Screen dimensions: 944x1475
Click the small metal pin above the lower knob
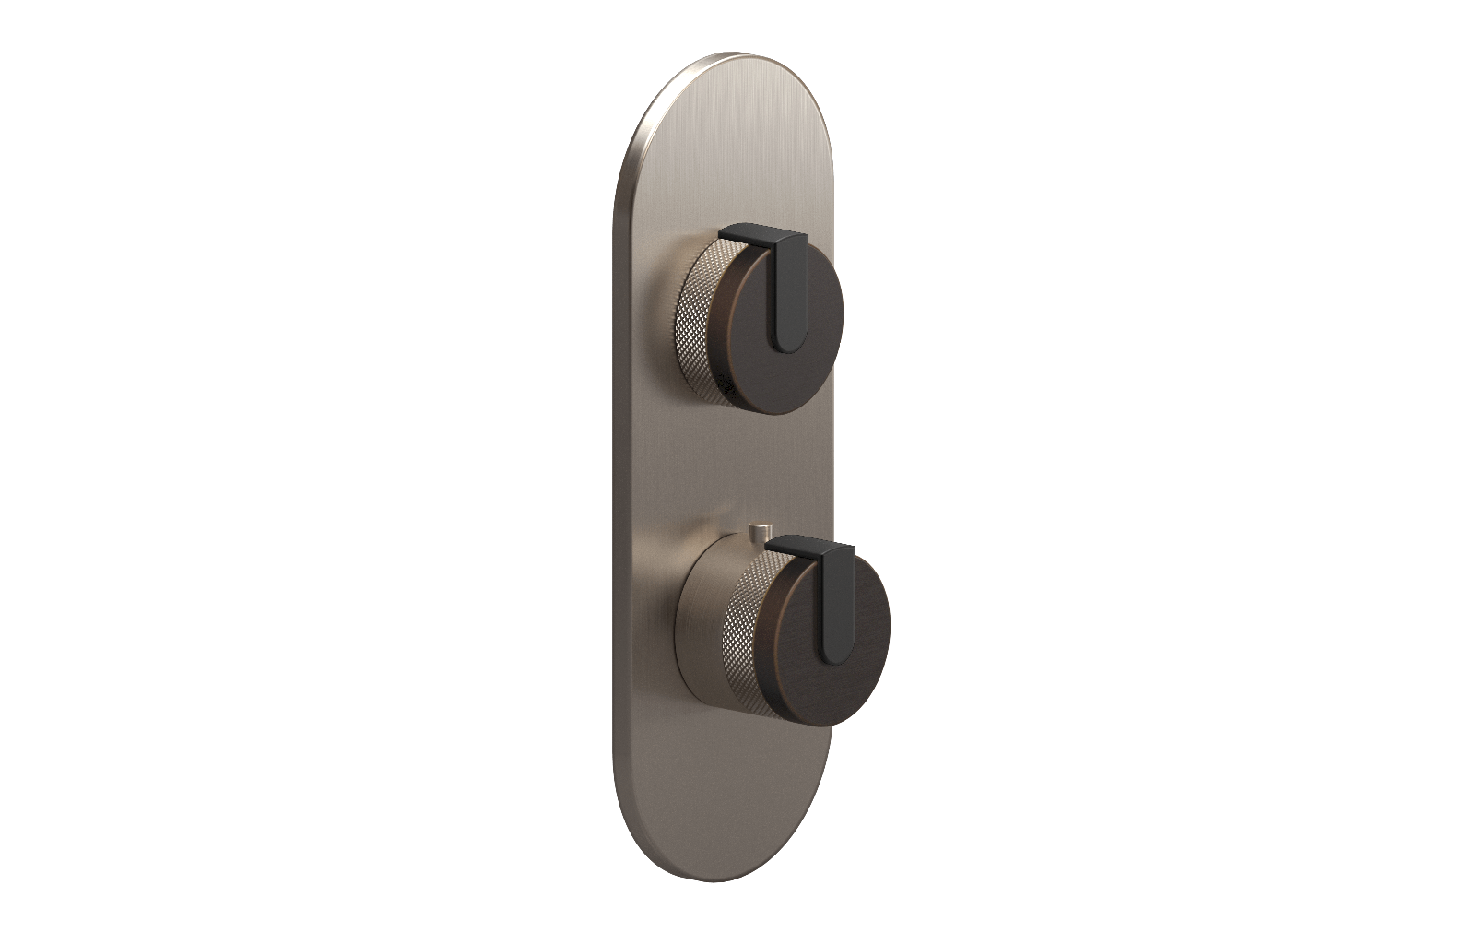[x=760, y=532]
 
